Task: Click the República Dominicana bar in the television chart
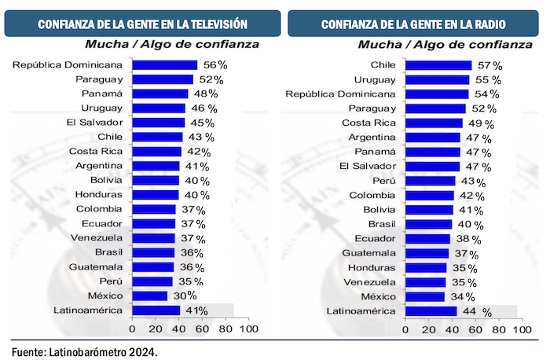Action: [164, 64]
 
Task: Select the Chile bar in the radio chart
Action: [438, 65]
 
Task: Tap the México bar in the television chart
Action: [149, 296]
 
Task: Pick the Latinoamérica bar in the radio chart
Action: [431, 311]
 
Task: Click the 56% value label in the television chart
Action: [214, 64]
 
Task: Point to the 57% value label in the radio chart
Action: [488, 65]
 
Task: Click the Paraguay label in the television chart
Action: [99, 79]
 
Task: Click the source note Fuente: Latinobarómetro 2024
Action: [85, 351]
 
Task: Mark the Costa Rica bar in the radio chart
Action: [434, 123]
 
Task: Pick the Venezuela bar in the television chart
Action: [153, 238]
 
